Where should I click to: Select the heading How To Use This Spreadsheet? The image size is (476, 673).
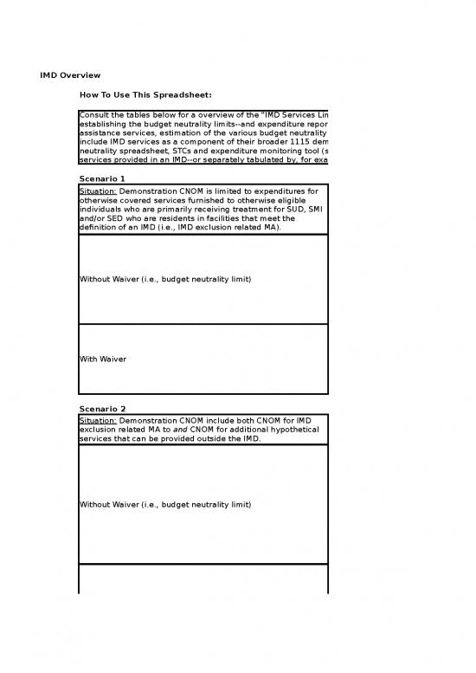145,94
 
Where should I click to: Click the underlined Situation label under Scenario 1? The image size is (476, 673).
97,191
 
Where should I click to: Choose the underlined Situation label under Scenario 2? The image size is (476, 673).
97,420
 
